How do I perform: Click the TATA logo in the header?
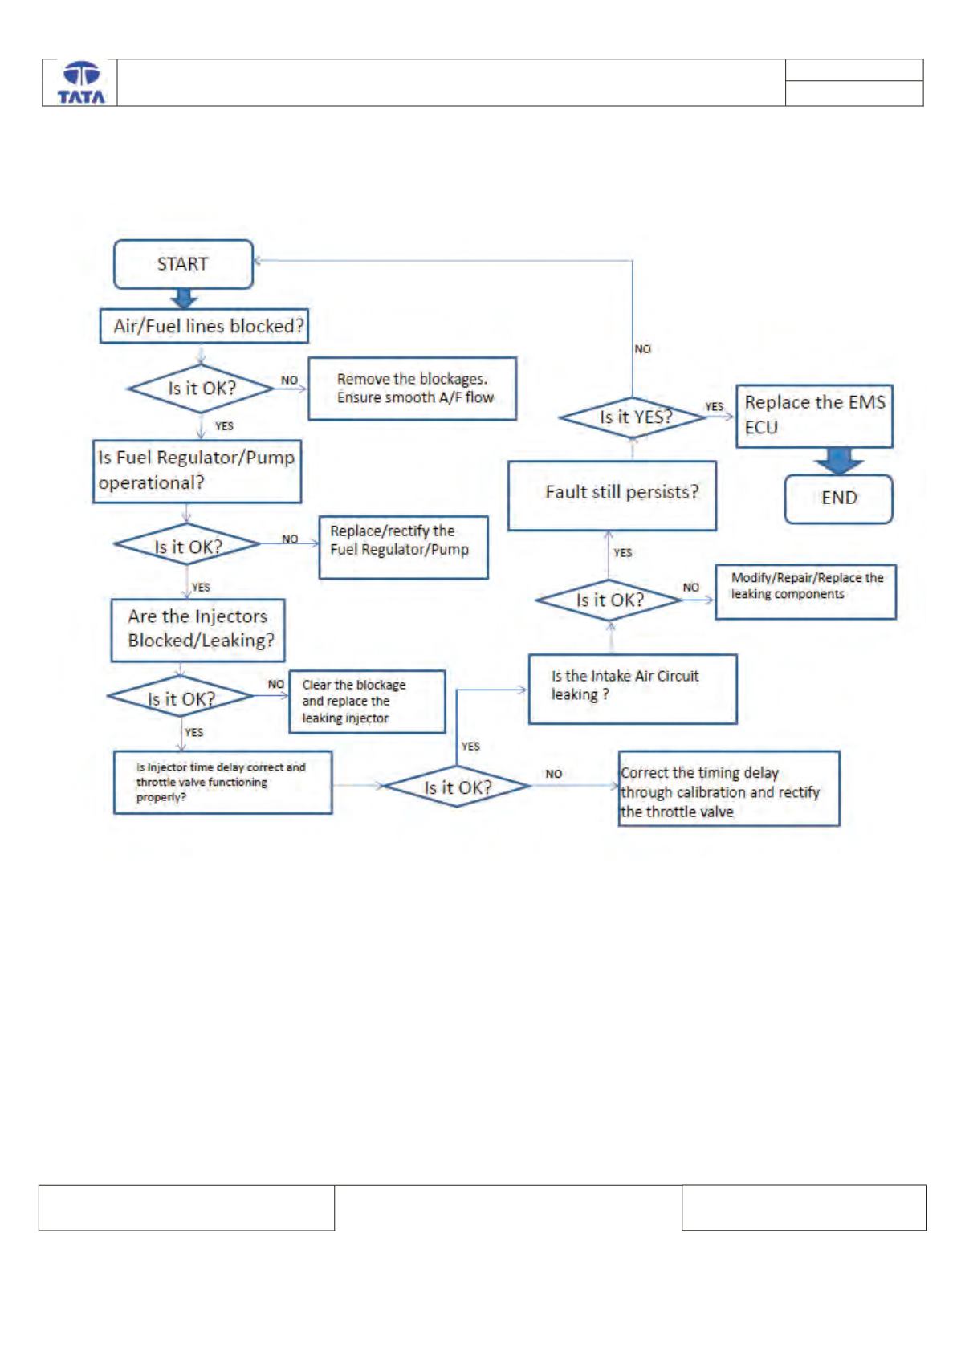pos(81,83)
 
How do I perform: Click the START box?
pos(183,265)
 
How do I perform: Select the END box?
pos(838,498)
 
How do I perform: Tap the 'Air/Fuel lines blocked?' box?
pos(204,327)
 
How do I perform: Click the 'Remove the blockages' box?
pos(413,389)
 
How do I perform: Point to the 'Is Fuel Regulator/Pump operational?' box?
pos(197,471)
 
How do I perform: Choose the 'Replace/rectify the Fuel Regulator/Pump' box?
pos(404,547)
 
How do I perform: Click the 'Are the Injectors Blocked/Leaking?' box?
pos(197,630)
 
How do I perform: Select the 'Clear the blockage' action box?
pos(367,702)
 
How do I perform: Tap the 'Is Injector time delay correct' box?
pos(223,782)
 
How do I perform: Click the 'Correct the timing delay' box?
pos(729,789)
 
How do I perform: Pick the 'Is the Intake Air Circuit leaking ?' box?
pos(633,689)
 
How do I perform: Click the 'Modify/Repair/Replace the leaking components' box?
pos(806,592)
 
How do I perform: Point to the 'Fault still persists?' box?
pos(612,495)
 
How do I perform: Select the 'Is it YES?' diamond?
pos(633,417)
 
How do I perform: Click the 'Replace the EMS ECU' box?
pos(814,416)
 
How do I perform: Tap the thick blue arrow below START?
pos(184,298)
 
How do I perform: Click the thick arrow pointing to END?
pos(838,461)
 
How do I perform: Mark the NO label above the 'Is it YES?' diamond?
pos(642,349)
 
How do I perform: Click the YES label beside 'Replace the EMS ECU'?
pos(714,406)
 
